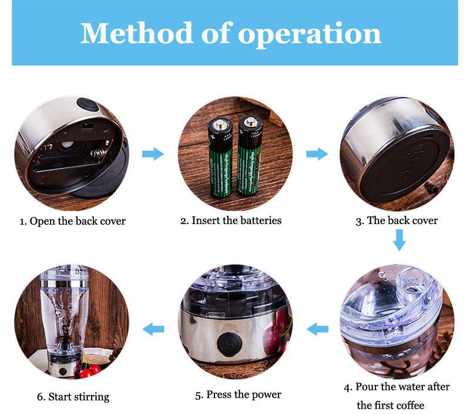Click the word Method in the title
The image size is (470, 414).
136,33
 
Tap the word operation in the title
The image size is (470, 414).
310,35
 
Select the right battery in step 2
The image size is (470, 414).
250,156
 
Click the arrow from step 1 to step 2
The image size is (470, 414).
153,154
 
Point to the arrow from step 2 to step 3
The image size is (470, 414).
317,154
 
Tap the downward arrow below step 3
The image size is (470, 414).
399,240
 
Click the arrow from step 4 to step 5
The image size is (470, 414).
317,329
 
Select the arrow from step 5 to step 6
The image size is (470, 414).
153,329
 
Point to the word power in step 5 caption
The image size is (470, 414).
266,395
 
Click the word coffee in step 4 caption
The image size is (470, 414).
409,406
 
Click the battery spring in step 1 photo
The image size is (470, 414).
98,154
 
